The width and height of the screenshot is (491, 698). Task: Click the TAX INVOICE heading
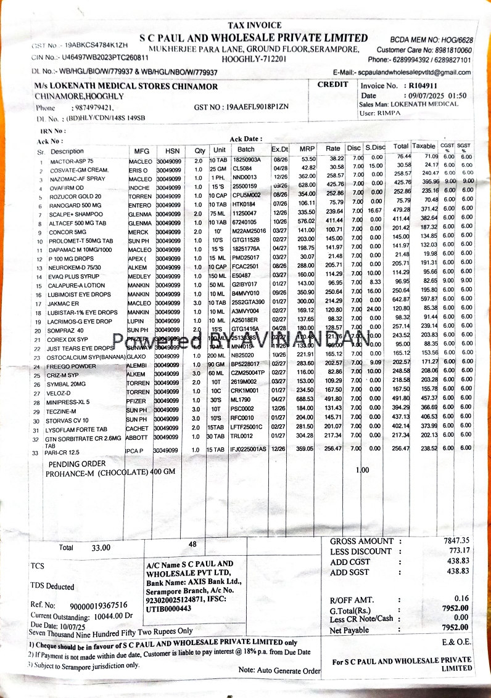pyautogui.click(x=254, y=25)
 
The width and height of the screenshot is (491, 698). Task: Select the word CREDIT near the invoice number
pyautogui.click(x=332, y=84)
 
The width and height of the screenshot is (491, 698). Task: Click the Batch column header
pyautogui.click(x=245, y=150)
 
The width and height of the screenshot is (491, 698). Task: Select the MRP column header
pyautogui.click(x=307, y=150)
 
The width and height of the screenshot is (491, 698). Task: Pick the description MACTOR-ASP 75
pyautogui.click(x=72, y=161)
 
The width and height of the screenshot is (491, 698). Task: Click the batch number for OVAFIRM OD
pyautogui.click(x=244, y=187)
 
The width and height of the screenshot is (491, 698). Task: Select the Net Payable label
pyautogui.click(x=350, y=630)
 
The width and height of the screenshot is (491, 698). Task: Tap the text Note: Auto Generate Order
pyautogui.click(x=279, y=670)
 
